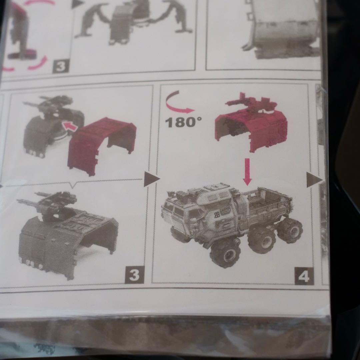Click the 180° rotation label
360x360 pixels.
coord(183,122)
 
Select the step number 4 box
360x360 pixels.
coord(304,276)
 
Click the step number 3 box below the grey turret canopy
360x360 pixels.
coord(134,275)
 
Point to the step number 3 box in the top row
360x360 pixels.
coord(61,66)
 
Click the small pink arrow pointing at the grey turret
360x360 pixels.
coord(70,127)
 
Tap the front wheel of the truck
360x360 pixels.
coord(225,253)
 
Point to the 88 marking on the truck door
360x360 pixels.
coord(217,214)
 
